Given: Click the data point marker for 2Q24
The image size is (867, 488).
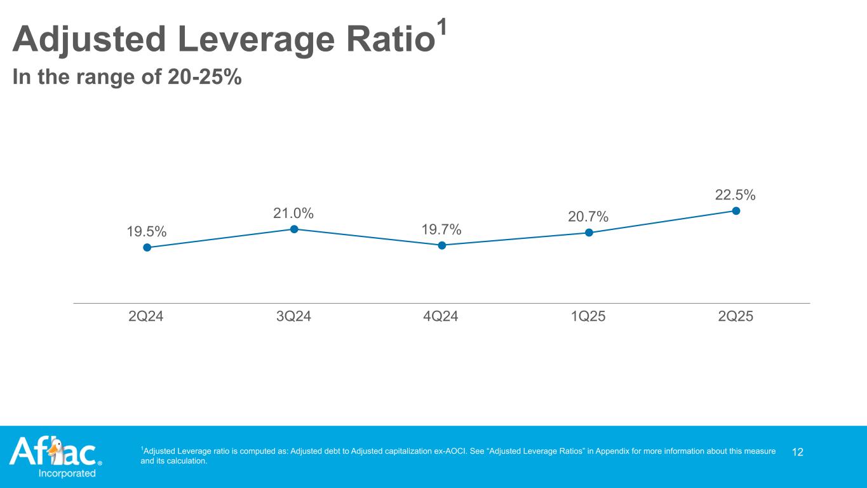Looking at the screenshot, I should click(x=147, y=248).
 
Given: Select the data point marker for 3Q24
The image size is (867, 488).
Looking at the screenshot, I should click(x=295, y=229).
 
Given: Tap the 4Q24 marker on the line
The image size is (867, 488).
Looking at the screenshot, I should click(x=442, y=245).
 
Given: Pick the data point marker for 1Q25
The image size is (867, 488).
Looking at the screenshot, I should click(x=589, y=233).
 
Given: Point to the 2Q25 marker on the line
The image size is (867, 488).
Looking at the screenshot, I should click(x=736, y=210).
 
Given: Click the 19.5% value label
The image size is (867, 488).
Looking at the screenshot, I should click(x=147, y=232).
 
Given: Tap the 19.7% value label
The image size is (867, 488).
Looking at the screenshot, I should click(x=441, y=229).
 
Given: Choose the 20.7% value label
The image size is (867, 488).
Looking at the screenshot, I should click(x=588, y=217).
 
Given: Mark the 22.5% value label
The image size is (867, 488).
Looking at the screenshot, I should click(x=736, y=194).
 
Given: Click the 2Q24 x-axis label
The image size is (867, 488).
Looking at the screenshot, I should click(x=146, y=316).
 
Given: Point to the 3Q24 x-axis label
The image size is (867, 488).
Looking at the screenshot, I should click(x=293, y=316).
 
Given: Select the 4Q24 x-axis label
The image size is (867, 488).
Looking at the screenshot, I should click(x=441, y=316).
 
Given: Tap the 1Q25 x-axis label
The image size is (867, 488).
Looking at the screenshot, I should click(x=588, y=316).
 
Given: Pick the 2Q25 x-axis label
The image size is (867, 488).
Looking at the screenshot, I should click(x=736, y=316).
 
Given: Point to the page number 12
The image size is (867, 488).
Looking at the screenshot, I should click(x=798, y=452).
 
